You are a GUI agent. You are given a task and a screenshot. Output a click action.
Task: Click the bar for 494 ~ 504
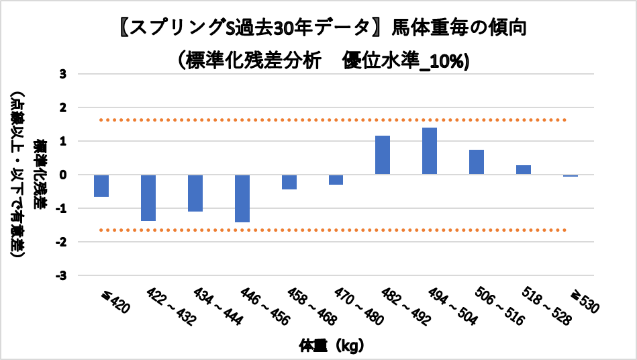coord(430,151)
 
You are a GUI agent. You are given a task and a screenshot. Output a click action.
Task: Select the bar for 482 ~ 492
coord(383,155)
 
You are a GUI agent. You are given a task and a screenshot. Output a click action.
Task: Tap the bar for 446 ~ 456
coord(242,198)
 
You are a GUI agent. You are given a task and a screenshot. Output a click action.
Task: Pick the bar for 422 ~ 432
coord(148,197)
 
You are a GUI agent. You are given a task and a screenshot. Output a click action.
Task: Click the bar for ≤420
coord(101,185)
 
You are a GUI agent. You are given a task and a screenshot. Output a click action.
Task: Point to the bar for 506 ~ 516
coord(477,162)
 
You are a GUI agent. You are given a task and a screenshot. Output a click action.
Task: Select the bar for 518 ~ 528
coord(524,170)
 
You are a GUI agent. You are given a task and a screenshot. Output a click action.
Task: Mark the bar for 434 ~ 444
coord(195,193)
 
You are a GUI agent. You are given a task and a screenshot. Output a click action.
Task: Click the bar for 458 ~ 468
coord(289,182)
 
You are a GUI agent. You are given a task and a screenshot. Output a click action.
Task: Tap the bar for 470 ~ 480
coord(336,179)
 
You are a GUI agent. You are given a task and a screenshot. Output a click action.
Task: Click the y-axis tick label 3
coord(63,74)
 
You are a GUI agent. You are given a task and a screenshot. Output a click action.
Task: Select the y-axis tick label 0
coord(63,175)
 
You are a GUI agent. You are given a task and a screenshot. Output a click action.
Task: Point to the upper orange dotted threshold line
coord(322,120)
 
